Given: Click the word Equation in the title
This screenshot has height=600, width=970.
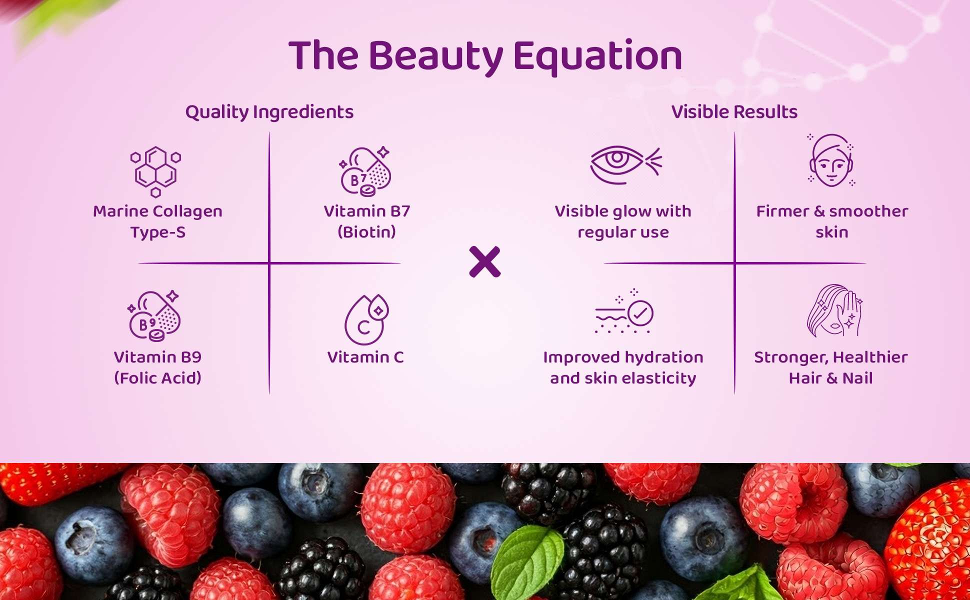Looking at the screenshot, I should pyautogui.click(x=597, y=56).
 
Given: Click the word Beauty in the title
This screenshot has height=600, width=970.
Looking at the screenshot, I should pyautogui.click(x=435, y=56).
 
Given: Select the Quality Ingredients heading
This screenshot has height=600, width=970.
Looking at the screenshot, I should pyautogui.click(x=269, y=112).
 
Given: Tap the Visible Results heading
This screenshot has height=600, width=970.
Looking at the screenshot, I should pyautogui.click(x=734, y=112).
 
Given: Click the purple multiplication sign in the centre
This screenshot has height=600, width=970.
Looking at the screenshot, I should pyautogui.click(x=485, y=261).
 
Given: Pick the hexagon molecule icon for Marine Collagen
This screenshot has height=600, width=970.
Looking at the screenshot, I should pyautogui.click(x=156, y=171).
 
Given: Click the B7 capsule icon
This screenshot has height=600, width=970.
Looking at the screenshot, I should pyautogui.click(x=365, y=171).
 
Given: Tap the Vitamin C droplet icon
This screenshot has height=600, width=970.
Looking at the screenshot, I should pyautogui.click(x=366, y=320).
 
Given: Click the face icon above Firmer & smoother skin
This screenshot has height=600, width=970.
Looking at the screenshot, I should pyautogui.click(x=831, y=161).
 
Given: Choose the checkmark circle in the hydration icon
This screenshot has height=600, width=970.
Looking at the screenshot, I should pyautogui.click(x=640, y=313).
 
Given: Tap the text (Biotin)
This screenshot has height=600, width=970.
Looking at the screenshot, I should pyautogui.click(x=366, y=232).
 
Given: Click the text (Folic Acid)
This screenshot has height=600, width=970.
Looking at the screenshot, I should pyautogui.click(x=157, y=378).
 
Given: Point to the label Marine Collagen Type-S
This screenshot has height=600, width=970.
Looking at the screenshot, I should pyautogui.click(x=157, y=221).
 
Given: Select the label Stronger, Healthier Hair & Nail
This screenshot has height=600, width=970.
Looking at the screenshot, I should pyautogui.click(x=831, y=367).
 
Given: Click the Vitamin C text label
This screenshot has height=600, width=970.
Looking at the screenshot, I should pyautogui.click(x=365, y=357).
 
